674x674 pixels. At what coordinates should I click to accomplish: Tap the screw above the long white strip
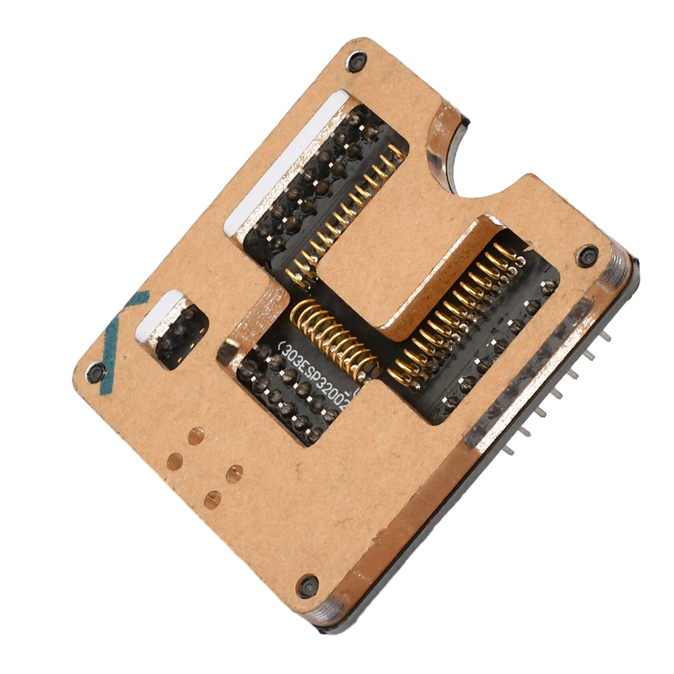(x=355, y=61)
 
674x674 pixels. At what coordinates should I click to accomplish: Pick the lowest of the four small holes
(x=212, y=499)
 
